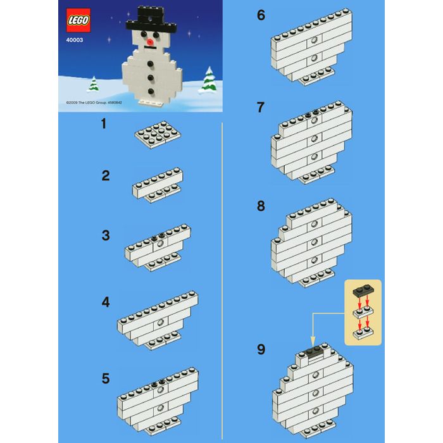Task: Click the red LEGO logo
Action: [78, 20]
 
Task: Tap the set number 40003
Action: [75, 40]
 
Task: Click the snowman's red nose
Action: [150, 42]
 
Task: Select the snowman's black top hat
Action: [151, 19]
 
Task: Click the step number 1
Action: [104, 124]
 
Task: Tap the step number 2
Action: [106, 176]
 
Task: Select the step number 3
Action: [106, 235]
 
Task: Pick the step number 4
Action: [106, 302]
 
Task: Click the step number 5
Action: [106, 378]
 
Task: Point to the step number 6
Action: [261, 15]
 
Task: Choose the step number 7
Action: [260, 108]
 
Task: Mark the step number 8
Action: [261, 206]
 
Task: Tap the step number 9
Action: [261, 349]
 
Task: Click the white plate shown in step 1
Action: [158, 135]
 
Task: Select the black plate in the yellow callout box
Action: [363, 291]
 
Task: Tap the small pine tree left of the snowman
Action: [93, 84]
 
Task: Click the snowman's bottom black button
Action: [151, 91]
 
